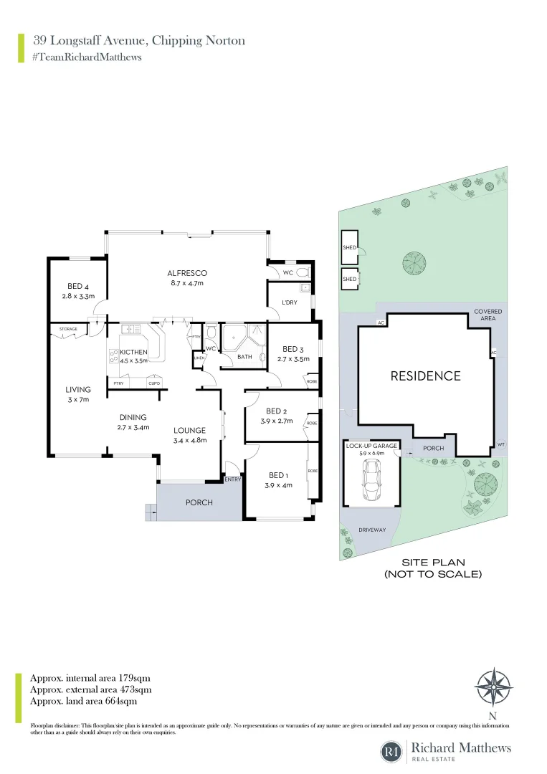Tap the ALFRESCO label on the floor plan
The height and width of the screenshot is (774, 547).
[187, 273]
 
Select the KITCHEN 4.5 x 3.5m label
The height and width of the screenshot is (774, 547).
[133, 352]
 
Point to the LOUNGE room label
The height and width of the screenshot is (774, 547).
[189, 431]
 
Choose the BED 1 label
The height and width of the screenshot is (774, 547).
[277, 475]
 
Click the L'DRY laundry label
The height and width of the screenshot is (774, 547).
[290, 302]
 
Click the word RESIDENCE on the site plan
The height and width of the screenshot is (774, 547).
[425, 376]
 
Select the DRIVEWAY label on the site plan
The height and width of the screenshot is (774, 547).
[372, 530]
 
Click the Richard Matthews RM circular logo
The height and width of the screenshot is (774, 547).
[391, 752]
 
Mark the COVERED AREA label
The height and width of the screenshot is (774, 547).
[487, 315]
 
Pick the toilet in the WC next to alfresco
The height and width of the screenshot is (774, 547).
[302, 272]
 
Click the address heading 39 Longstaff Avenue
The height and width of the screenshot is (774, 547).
[138, 41]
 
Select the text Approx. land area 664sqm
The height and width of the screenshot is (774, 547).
[83, 701]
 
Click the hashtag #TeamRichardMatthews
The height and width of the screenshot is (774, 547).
[87, 57]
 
